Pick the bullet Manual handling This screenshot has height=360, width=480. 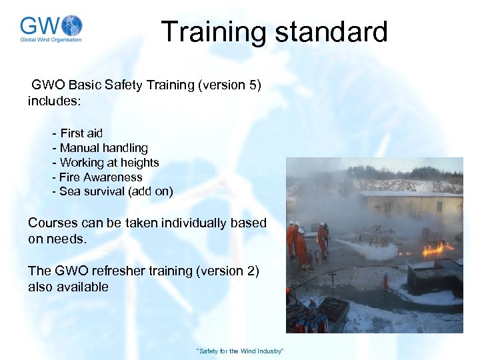[x=100, y=148]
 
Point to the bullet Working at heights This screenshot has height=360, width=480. [x=105, y=163]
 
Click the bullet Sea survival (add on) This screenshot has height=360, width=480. [x=113, y=192]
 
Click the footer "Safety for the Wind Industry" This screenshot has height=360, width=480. [x=240, y=351]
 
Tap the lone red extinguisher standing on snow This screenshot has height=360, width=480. [x=385, y=282]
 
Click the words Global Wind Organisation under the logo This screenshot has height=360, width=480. [x=51, y=40]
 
